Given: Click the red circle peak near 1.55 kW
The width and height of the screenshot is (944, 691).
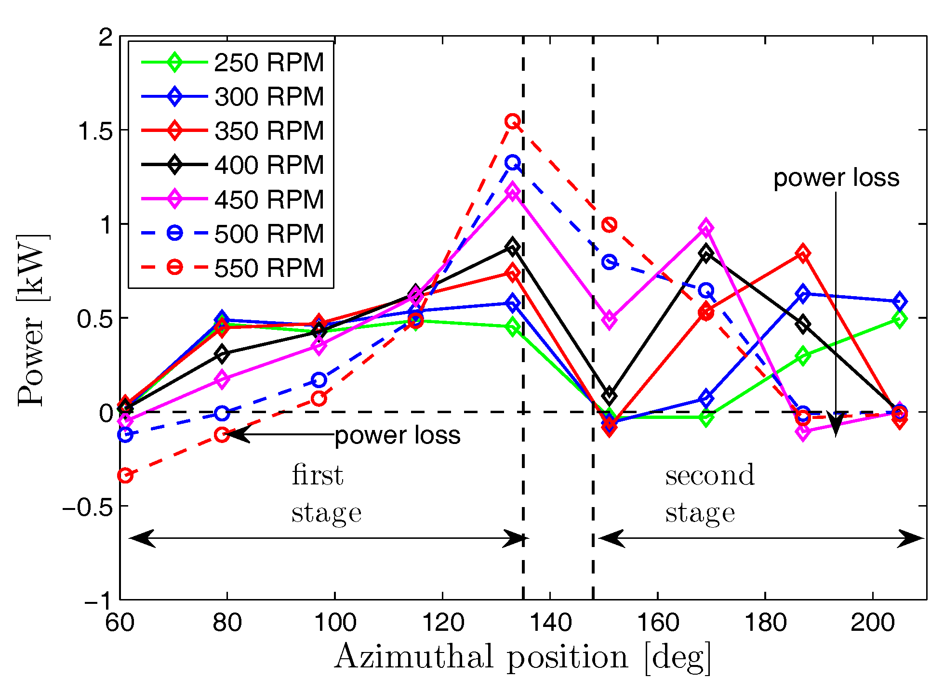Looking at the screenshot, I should point(512,121).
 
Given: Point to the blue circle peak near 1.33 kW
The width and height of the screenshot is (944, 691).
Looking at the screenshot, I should point(512,162).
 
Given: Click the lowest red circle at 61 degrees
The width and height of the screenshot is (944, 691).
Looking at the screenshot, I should point(125,475).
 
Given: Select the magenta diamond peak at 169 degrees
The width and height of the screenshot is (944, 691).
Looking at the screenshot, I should point(706,228).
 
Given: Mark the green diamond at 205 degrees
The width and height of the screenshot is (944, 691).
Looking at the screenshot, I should point(899,319).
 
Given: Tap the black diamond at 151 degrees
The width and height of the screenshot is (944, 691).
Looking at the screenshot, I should point(610,395).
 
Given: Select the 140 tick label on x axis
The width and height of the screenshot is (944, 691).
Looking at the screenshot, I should point(550,622).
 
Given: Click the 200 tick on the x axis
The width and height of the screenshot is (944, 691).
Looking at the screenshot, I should point(873,622).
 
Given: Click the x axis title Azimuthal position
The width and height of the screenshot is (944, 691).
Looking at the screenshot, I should point(522,657).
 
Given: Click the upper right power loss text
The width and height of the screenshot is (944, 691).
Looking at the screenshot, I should point(836,178).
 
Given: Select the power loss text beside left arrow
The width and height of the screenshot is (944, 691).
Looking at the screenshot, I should point(398,435).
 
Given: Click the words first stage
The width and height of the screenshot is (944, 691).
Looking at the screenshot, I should point(326,494).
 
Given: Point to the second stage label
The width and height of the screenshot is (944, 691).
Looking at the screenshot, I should point(709,494).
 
